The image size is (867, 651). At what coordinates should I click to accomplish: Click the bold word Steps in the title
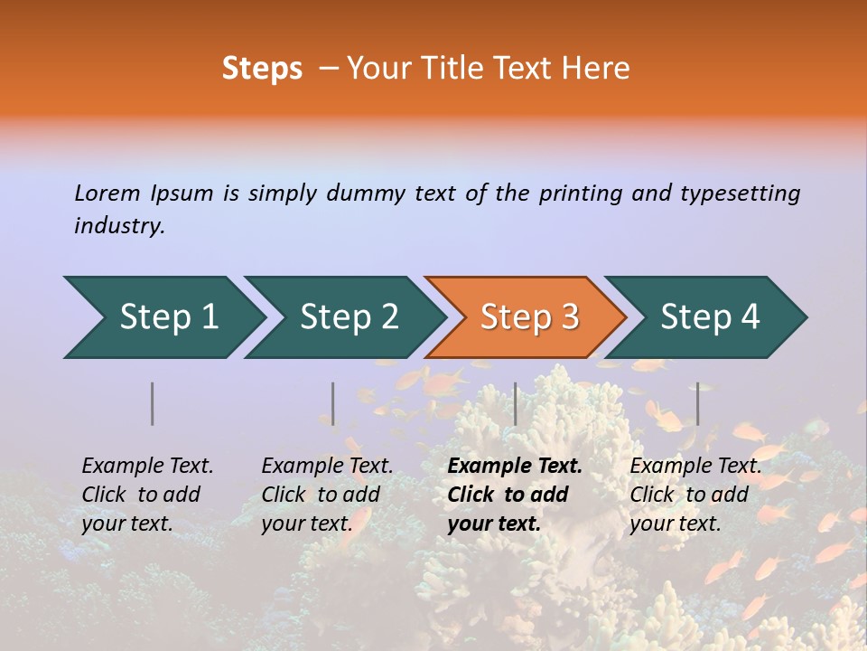[x=262, y=69]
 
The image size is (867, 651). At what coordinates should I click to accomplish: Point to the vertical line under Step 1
[x=153, y=403]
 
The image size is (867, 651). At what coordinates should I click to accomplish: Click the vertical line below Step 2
[x=333, y=403]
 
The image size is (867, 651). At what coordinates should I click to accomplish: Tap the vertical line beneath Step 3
[x=515, y=403]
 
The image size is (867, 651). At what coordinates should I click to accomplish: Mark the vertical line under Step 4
[x=697, y=403]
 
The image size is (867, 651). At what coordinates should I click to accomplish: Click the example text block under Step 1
[x=147, y=495]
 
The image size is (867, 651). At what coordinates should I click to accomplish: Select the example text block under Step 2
[x=327, y=495]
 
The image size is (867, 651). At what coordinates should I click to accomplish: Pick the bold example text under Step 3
[x=515, y=495]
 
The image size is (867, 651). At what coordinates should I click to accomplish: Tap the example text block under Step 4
[x=695, y=495]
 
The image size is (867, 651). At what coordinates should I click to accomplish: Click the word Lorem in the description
[x=107, y=193]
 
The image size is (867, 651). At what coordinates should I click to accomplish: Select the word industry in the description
[x=118, y=226]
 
